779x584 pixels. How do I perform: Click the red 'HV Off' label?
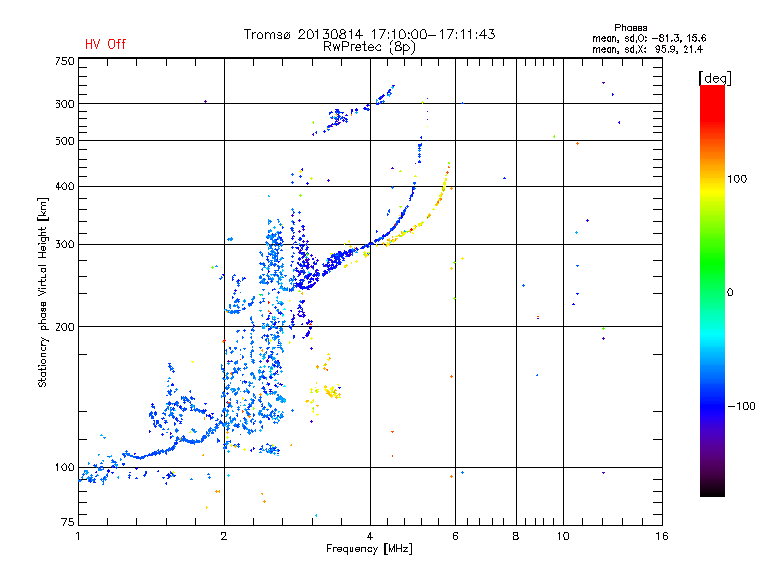click(x=105, y=44)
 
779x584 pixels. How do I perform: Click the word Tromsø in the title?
click(x=268, y=34)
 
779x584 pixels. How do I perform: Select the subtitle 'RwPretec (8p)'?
click(x=369, y=47)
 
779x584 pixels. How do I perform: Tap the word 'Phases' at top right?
click(x=630, y=28)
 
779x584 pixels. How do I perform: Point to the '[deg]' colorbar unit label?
click(x=715, y=78)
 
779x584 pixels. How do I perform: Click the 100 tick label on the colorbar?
click(x=737, y=179)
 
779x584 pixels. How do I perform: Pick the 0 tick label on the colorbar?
click(x=730, y=292)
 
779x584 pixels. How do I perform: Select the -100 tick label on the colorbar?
click(x=741, y=406)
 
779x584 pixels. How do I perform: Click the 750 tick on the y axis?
click(x=64, y=61)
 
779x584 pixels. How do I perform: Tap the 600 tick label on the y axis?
click(x=64, y=104)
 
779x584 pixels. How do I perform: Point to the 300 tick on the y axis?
click(x=64, y=244)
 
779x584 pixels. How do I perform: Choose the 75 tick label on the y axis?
click(x=68, y=522)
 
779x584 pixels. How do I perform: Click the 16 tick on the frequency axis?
click(x=662, y=536)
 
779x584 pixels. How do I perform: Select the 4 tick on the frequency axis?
click(x=370, y=536)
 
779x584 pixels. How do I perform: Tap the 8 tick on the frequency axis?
click(x=516, y=536)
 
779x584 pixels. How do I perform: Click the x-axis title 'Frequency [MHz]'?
click(x=369, y=549)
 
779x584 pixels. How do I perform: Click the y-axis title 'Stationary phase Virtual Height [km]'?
click(x=42, y=293)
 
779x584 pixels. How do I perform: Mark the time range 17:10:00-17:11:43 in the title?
click(x=432, y=34)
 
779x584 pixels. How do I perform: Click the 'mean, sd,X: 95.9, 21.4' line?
click(x=648, y=50)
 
